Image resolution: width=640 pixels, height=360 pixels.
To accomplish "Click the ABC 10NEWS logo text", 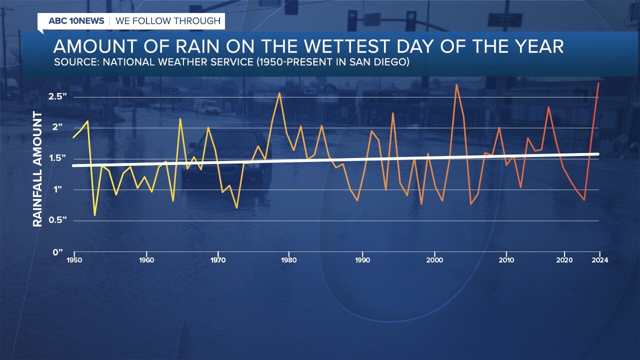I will (x=76, y=21).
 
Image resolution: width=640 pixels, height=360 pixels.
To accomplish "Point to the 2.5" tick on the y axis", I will (x=57, y=96).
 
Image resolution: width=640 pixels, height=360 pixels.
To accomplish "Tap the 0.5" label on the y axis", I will (x=57, y=220).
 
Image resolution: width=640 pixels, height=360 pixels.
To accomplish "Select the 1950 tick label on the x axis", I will (x=74, y=260).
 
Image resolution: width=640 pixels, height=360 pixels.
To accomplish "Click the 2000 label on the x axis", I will (x=434, y=260).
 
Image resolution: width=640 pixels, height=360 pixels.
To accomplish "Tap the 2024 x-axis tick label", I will (x=599, y=260).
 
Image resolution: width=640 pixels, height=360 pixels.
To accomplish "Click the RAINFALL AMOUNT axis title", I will (x=38, y=170).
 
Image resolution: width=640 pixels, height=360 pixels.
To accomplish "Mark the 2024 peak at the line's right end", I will (x=599, y=83).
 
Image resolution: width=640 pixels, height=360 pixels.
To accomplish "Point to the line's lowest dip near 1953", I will (x=95, y=215).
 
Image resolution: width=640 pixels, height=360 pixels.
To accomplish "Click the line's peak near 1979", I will (x=279, y=93).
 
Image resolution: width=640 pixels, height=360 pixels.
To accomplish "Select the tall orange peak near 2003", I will (x=456, y=84).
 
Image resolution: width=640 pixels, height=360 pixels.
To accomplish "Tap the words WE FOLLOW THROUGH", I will (x=168, y=21).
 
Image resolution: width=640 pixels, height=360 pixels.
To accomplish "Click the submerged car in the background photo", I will (x=227, y=155).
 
